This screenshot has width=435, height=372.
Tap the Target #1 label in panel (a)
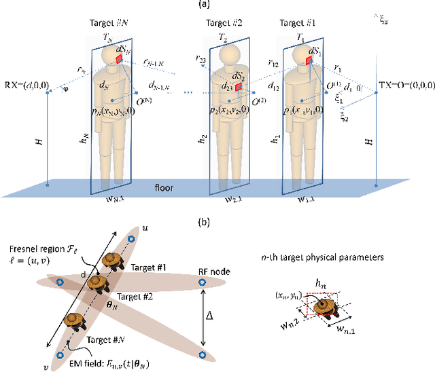[300, 23]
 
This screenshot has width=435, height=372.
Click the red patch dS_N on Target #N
[120, 60]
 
